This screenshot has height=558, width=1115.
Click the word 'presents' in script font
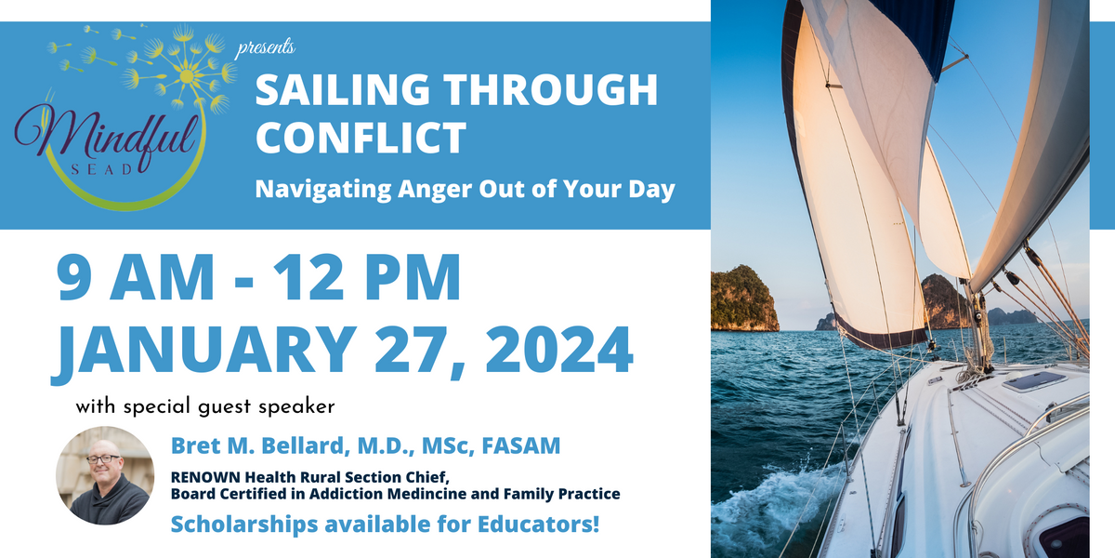[x=266, y=48]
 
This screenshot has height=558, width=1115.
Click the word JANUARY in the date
[x=204, y=351]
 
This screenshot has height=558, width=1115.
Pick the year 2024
[x=559, y=350]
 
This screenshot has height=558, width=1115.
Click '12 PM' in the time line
[x=367, y=277]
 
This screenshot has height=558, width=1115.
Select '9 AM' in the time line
[x=135, y=277]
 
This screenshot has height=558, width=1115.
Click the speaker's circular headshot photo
[x=104, y=475]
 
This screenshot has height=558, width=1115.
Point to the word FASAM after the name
[x=521, y=445]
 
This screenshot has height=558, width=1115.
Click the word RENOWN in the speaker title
[x=205, y=477]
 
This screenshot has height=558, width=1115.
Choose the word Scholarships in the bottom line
[x=244, y=525]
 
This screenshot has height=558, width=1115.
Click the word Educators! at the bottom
[x=539, y=525]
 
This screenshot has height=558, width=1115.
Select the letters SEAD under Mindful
[x=102, y=170]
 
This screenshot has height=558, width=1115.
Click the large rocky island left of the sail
[x=744, y=299]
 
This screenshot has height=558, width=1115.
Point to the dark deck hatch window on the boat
[x=1034, y=381]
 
